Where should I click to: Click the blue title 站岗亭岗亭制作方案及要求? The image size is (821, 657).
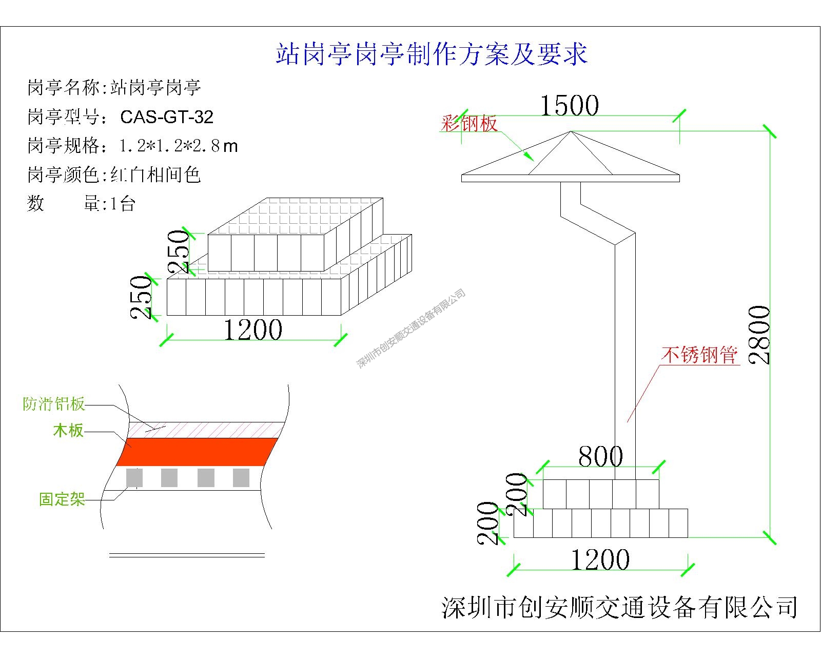432,54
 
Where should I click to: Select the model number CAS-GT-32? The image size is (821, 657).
167,117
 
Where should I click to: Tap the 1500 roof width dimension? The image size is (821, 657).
570,106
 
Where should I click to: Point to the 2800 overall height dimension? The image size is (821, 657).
759,335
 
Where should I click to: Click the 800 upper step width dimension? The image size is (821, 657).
600,456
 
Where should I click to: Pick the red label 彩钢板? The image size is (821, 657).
469,124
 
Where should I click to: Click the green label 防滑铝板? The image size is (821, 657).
54,404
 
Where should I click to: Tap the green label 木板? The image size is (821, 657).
68,430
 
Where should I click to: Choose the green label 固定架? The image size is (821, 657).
62,499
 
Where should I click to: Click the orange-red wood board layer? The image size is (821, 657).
198,452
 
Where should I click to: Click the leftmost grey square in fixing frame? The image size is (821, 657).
134,478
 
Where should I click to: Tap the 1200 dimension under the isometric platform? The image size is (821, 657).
253,330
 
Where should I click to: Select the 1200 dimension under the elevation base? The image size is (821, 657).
600,560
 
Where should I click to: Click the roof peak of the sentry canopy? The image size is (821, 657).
571,132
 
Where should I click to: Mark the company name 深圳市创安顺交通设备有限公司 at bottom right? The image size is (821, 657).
619,607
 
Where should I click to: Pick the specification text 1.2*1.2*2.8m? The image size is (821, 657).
179,146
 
